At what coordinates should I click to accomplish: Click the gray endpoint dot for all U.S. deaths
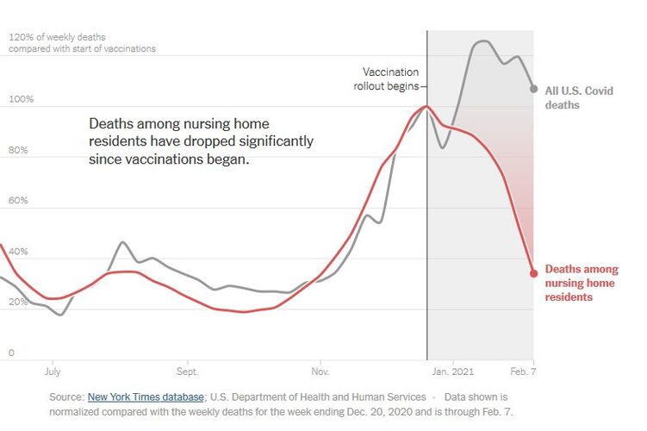pos(534,89)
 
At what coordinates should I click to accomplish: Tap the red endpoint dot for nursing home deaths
pos(534,273)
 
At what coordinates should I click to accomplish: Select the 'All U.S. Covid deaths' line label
pos(579,97)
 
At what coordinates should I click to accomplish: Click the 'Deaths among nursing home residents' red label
pos(582,283)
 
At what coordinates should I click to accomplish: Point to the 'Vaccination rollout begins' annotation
pos(390,78)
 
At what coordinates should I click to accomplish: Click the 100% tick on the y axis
pos(21,99)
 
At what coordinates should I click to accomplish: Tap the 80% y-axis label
pos(19,150)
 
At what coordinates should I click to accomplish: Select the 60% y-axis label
pos(19,201)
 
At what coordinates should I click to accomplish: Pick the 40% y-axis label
pos(19,252)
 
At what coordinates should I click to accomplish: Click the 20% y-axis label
pos(19,303)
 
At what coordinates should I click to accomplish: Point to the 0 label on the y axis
pos(11,353)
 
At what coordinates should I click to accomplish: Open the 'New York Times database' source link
pos(145,397)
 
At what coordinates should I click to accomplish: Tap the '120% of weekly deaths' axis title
pos(58,37)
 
